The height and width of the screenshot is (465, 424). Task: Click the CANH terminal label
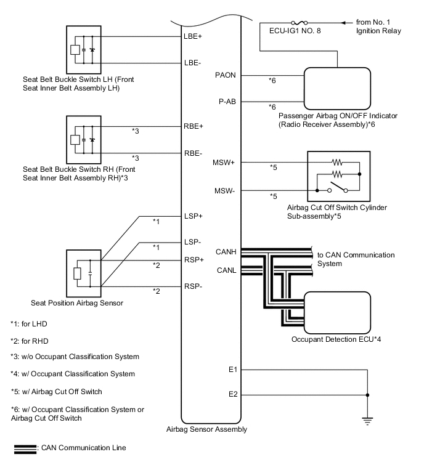(x=226, y=251)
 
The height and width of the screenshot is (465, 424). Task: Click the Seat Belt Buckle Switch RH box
(x=83, y=139)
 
